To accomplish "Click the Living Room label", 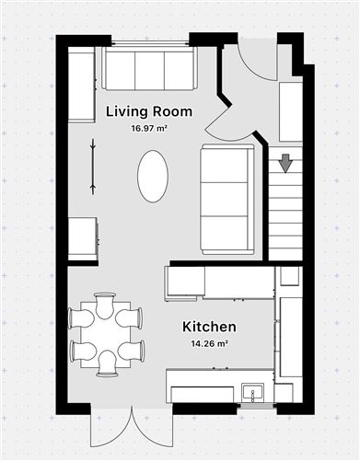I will [148, 112].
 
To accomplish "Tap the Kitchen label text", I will [209, 327].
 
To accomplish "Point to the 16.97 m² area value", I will [148, 129].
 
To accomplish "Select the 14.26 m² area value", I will [209, 343].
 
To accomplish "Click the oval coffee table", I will [153, 176].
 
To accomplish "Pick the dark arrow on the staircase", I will [285, 164].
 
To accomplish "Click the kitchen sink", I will [252, 395].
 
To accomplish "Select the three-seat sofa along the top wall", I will [148, 69].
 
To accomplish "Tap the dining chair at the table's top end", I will [106, 300].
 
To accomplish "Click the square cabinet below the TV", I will [83, 238].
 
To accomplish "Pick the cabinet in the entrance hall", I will [291, 112].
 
